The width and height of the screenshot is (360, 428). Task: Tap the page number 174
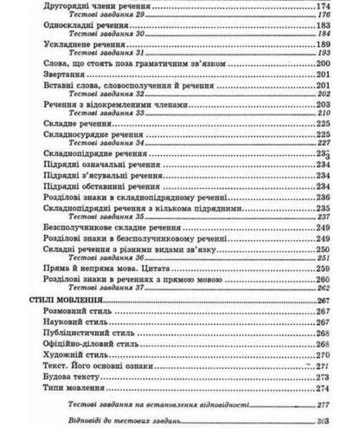325,7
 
